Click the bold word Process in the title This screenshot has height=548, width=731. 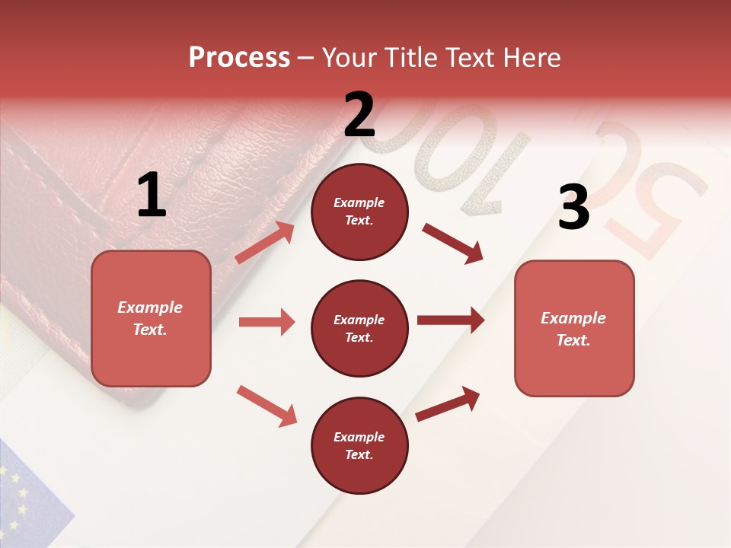[x=239, y=58]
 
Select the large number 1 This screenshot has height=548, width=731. [x=152, y=196]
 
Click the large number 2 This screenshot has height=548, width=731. [x=359, y=115]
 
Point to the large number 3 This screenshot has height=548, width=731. [x=573, y=207]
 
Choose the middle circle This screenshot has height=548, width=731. [x=359, y=328]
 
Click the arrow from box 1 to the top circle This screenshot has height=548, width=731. [x=265, y=243]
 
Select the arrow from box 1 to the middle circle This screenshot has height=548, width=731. [x=267, y=322]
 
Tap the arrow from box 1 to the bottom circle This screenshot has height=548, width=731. [x=267, y=405]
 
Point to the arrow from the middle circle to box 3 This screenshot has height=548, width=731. [x=450, y=320]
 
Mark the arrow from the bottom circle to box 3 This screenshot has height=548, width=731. [x=448, y=404]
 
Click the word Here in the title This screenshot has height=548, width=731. [x=530, y=58]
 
